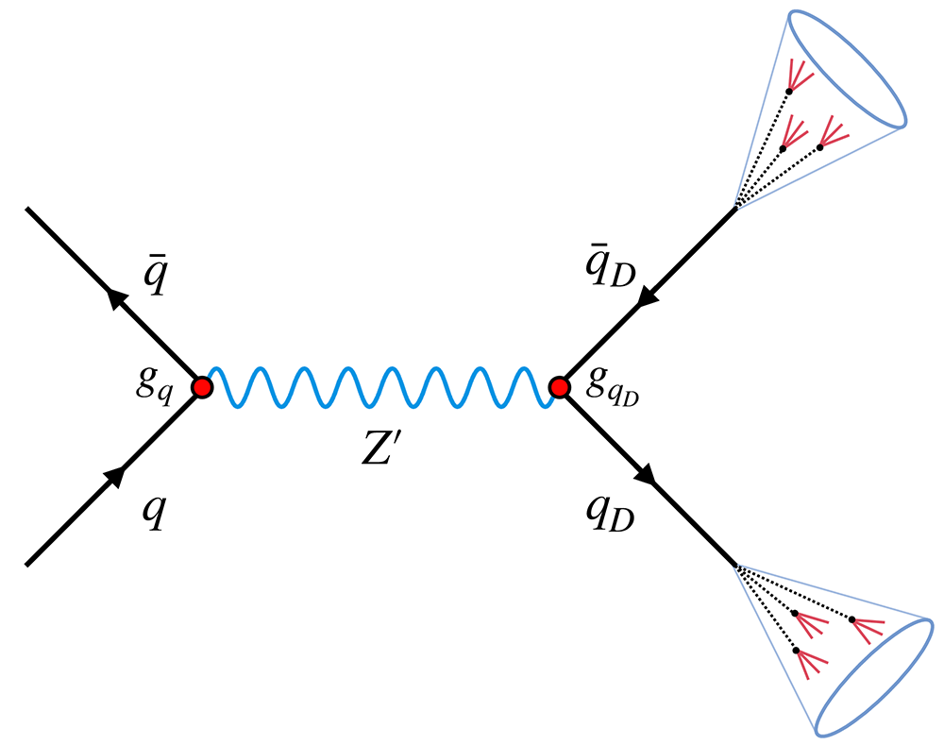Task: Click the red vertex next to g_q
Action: click(201, 386)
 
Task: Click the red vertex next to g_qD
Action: click(559, 386)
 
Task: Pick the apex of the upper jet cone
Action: click(735, 209)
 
